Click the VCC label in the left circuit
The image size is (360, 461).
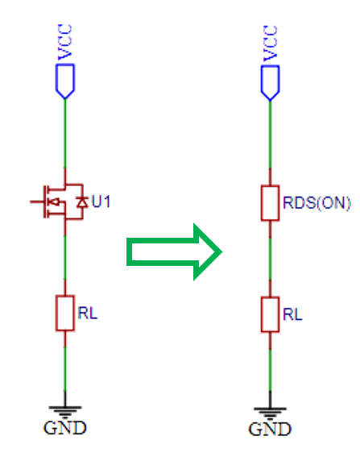point(65,42)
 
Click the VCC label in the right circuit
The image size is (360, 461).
point(271,44)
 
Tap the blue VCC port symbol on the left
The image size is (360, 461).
point(65,81)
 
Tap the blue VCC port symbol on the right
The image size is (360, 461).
point(270,83)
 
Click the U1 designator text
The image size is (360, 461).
point(101,201)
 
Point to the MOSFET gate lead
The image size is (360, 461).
point(37,201)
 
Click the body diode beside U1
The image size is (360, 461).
point(82,202)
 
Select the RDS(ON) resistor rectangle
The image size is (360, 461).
point(270,203)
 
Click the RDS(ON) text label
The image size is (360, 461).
point(317,203)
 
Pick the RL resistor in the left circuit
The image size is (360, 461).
point(65,314)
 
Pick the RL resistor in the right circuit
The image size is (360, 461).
point(270,314)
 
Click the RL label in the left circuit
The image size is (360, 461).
point(88,314)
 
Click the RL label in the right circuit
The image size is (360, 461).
point(292,314)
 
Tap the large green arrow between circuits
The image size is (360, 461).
point(174,252)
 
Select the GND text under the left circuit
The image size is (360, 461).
point(65,428)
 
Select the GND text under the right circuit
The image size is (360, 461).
point(270,430)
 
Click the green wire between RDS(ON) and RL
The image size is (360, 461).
point(270,259)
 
